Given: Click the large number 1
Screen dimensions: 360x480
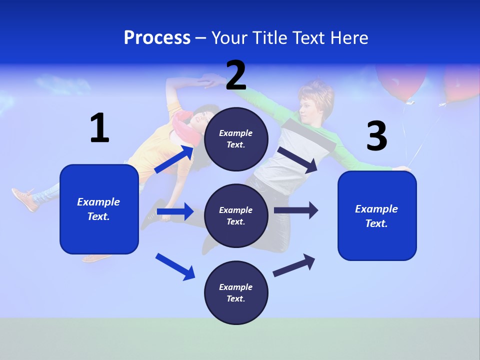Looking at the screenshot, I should tap(99, 128).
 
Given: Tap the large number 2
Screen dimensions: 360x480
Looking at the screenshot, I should tap(236, 75).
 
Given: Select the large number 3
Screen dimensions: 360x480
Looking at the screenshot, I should tap(376, 136).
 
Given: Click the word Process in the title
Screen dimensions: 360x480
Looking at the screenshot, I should tap(157, 37).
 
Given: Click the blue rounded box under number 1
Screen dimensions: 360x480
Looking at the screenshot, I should tap(99, 209).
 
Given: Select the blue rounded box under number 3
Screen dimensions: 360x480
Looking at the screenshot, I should tap(377, 216).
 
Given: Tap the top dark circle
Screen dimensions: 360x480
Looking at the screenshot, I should tap(236, 139).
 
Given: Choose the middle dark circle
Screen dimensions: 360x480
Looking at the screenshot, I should tap(236, 216).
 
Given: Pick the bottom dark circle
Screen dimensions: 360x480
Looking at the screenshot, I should tap(236, 293).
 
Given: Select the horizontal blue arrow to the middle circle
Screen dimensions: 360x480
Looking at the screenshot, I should tap(175, 211).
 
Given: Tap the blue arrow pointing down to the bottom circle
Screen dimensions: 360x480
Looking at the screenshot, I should tap(175, 266).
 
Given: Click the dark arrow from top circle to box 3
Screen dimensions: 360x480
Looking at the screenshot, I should tap(298, 159).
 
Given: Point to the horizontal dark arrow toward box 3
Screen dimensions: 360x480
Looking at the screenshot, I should tap(296, 210).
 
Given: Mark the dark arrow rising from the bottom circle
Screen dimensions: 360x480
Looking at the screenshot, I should tap(294, 265).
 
